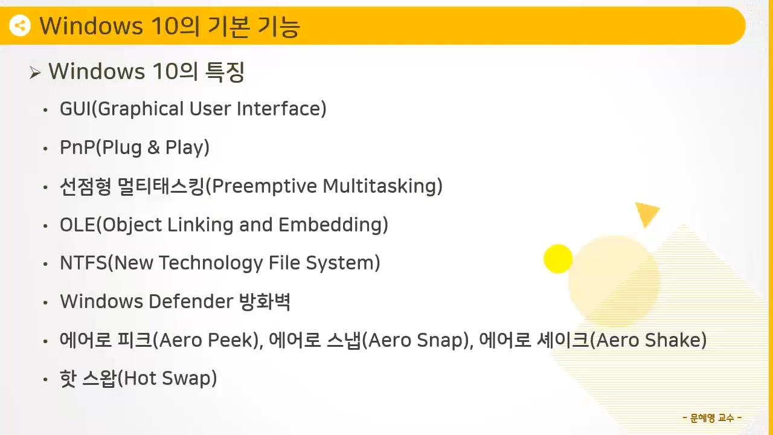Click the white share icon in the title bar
click(x=20, y=25)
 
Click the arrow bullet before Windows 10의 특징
click(x=35, y=73)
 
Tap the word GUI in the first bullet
click(x=76, y=109)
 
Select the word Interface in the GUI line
click(x=279, y=109)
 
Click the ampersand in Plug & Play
click(x=153, y=147)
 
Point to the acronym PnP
click(x=77, y=147)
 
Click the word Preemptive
click(x=265, y=187)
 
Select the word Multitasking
click(x=380, y=187)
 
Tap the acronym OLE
click(x=77, y=225)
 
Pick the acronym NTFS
click(x=83, y=263)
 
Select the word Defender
click(x=191, y=301)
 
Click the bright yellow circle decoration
click(x=558, y=259)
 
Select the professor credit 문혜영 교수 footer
click(x=712, y=418)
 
